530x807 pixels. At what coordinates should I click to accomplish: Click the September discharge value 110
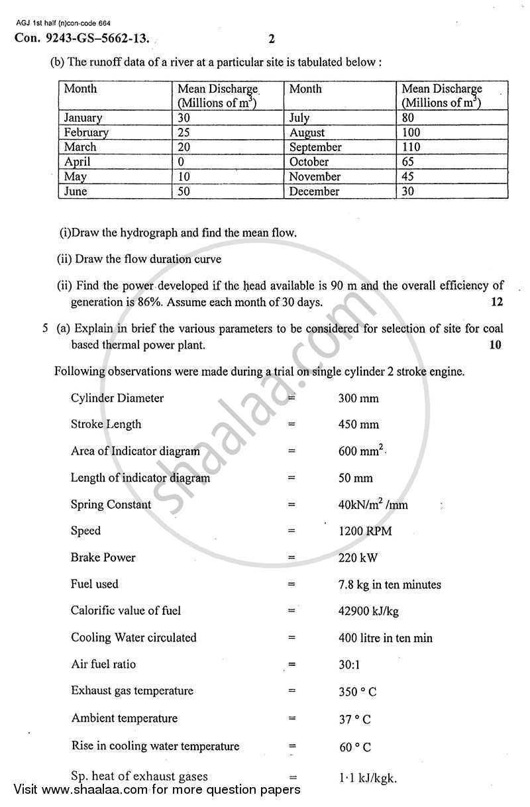click(x=411, y=147)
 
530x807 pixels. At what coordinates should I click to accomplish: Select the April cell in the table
click(x=78, y=162)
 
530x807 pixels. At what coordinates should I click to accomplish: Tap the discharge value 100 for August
click(x=411, y=133)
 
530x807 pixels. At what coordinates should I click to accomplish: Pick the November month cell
click(x=315, y=177)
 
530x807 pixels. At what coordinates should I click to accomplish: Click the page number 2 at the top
click(x=272, y=38)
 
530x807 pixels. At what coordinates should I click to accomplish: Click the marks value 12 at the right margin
click(x=496, y=302)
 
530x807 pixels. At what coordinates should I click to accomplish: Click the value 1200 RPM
click(x=364, y=531)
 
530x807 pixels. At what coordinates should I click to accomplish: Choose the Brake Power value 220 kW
click(x=358, y=558)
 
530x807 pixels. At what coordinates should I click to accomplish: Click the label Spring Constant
click(x=111, y=504)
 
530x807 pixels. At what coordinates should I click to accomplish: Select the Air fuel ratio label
click(x=103, y=664)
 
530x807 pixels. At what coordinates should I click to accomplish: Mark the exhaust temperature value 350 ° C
click(x=357, y=692)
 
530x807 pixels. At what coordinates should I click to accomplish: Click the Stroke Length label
click(x=106, y=424)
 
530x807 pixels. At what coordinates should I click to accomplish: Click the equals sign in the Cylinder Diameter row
click(x=291, y=398)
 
